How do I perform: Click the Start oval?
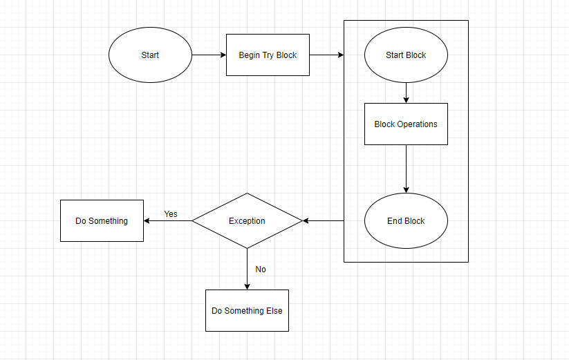click(x=150, y=55)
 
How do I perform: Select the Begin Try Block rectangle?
click(x=268, y=55)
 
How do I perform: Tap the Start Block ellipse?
click(x=406, y=55)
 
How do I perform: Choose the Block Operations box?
click(x=406, y=124)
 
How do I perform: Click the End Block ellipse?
click(x=406, y=221)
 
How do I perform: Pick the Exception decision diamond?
click(x=247, y=221)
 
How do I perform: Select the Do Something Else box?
click(x=247, y=311)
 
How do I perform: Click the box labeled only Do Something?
click(x=102, y=221)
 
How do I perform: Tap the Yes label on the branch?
click(x=171, y=214)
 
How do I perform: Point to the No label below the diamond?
click(x=261, y=269)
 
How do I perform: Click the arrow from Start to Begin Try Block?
click(x=209, y=55)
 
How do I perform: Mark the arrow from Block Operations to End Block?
click(x=406, y=169)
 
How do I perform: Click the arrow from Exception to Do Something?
click(x=167, y=221)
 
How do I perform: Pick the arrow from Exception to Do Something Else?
click(x=247, y=269)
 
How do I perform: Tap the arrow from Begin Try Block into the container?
click(x=326, y=55)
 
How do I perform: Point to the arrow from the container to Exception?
click(x=324, y=221)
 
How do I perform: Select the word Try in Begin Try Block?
click(x=268, y=55)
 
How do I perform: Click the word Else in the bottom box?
click(x=274, y=311)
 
